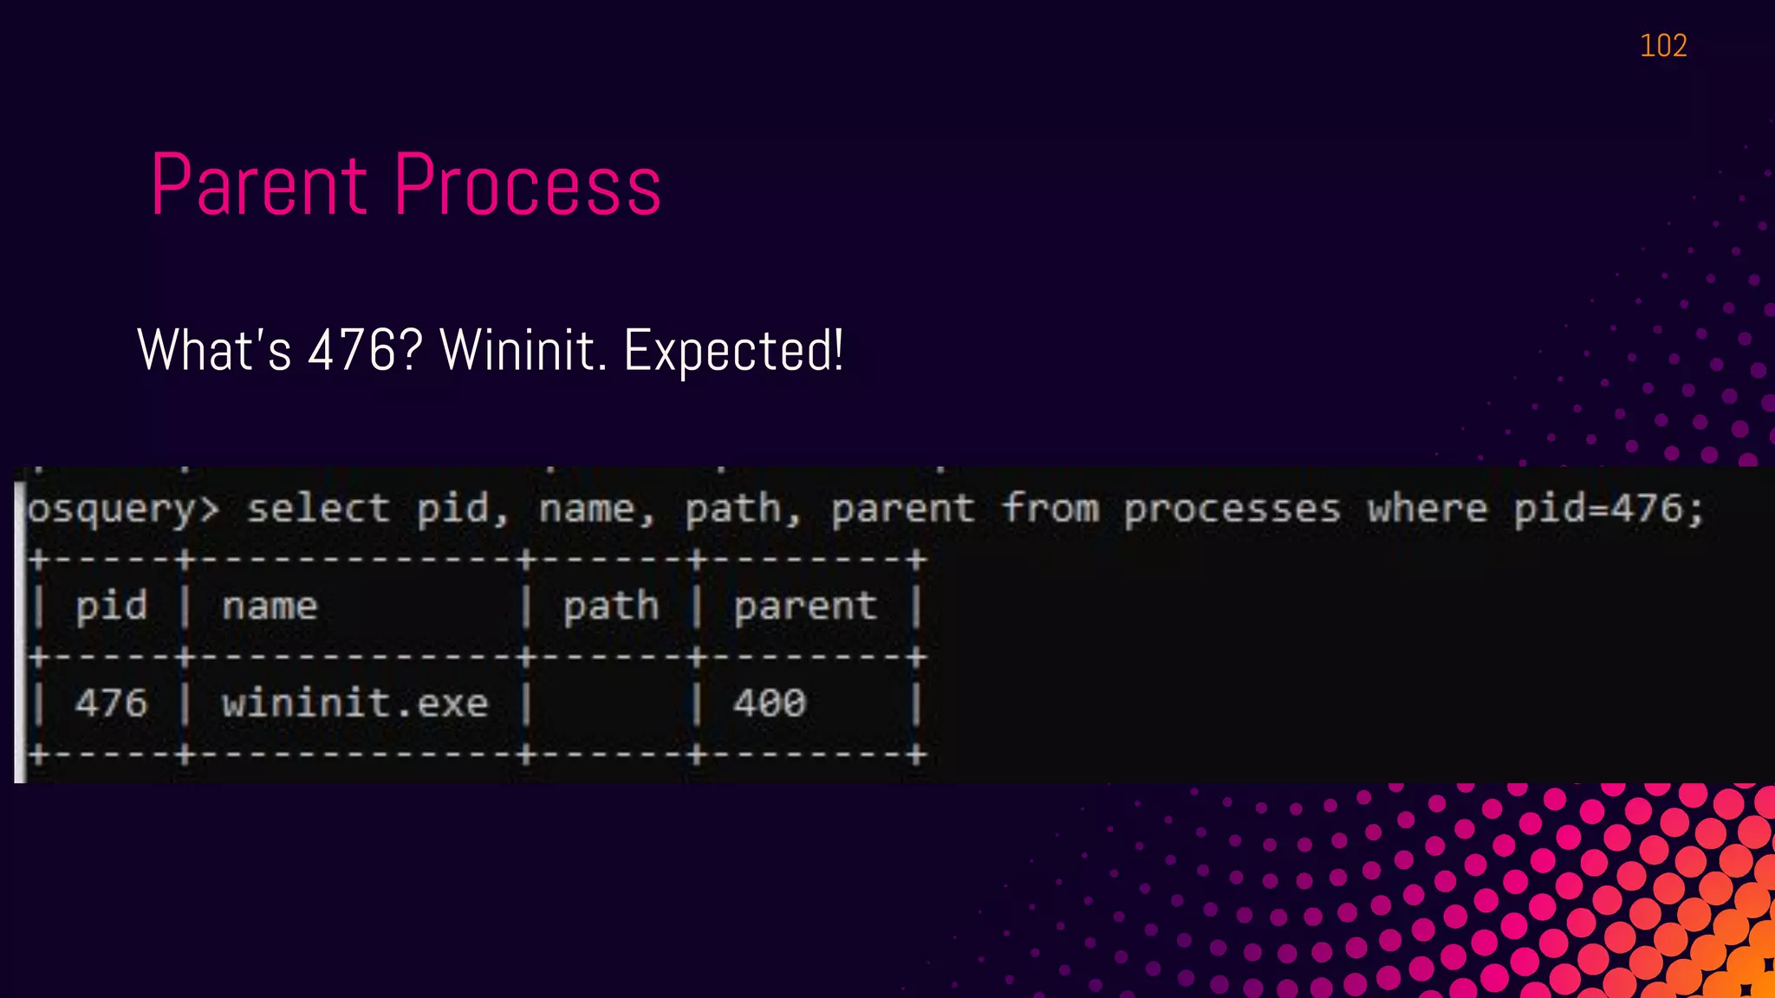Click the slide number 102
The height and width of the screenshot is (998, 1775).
[x=1663, y=46]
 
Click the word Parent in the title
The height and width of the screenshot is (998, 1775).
[x=259, y=185]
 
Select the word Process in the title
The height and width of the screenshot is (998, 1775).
[x=528, y=185]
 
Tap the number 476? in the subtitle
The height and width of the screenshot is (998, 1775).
[x=365, y=350]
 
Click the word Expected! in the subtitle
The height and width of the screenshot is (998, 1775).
[x=733, y=350]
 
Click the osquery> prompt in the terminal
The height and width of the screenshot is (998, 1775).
[x=122, y=509]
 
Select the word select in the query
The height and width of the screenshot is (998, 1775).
[x=318, y=509]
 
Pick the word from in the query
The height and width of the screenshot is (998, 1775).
[x=1050, y=509]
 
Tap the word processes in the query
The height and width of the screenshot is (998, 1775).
[x=1232, y=509]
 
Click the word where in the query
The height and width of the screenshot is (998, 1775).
[x=1427, y=509]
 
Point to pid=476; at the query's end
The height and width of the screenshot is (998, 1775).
[x=1609, y=509]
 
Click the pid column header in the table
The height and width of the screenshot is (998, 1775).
[x=111, y=606]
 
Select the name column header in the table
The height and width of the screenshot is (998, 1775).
[x=270, y=606]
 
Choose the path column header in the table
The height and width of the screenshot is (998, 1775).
[x=611, y=606]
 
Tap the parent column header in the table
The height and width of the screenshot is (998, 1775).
[x=805, y=606]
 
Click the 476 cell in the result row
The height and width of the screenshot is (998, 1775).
[x=111, y=703]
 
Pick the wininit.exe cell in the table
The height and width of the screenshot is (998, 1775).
[x=354, y=703]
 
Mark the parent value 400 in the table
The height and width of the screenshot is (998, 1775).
[x=770, y=703]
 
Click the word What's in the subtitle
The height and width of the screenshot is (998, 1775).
[x=214, y=350]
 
